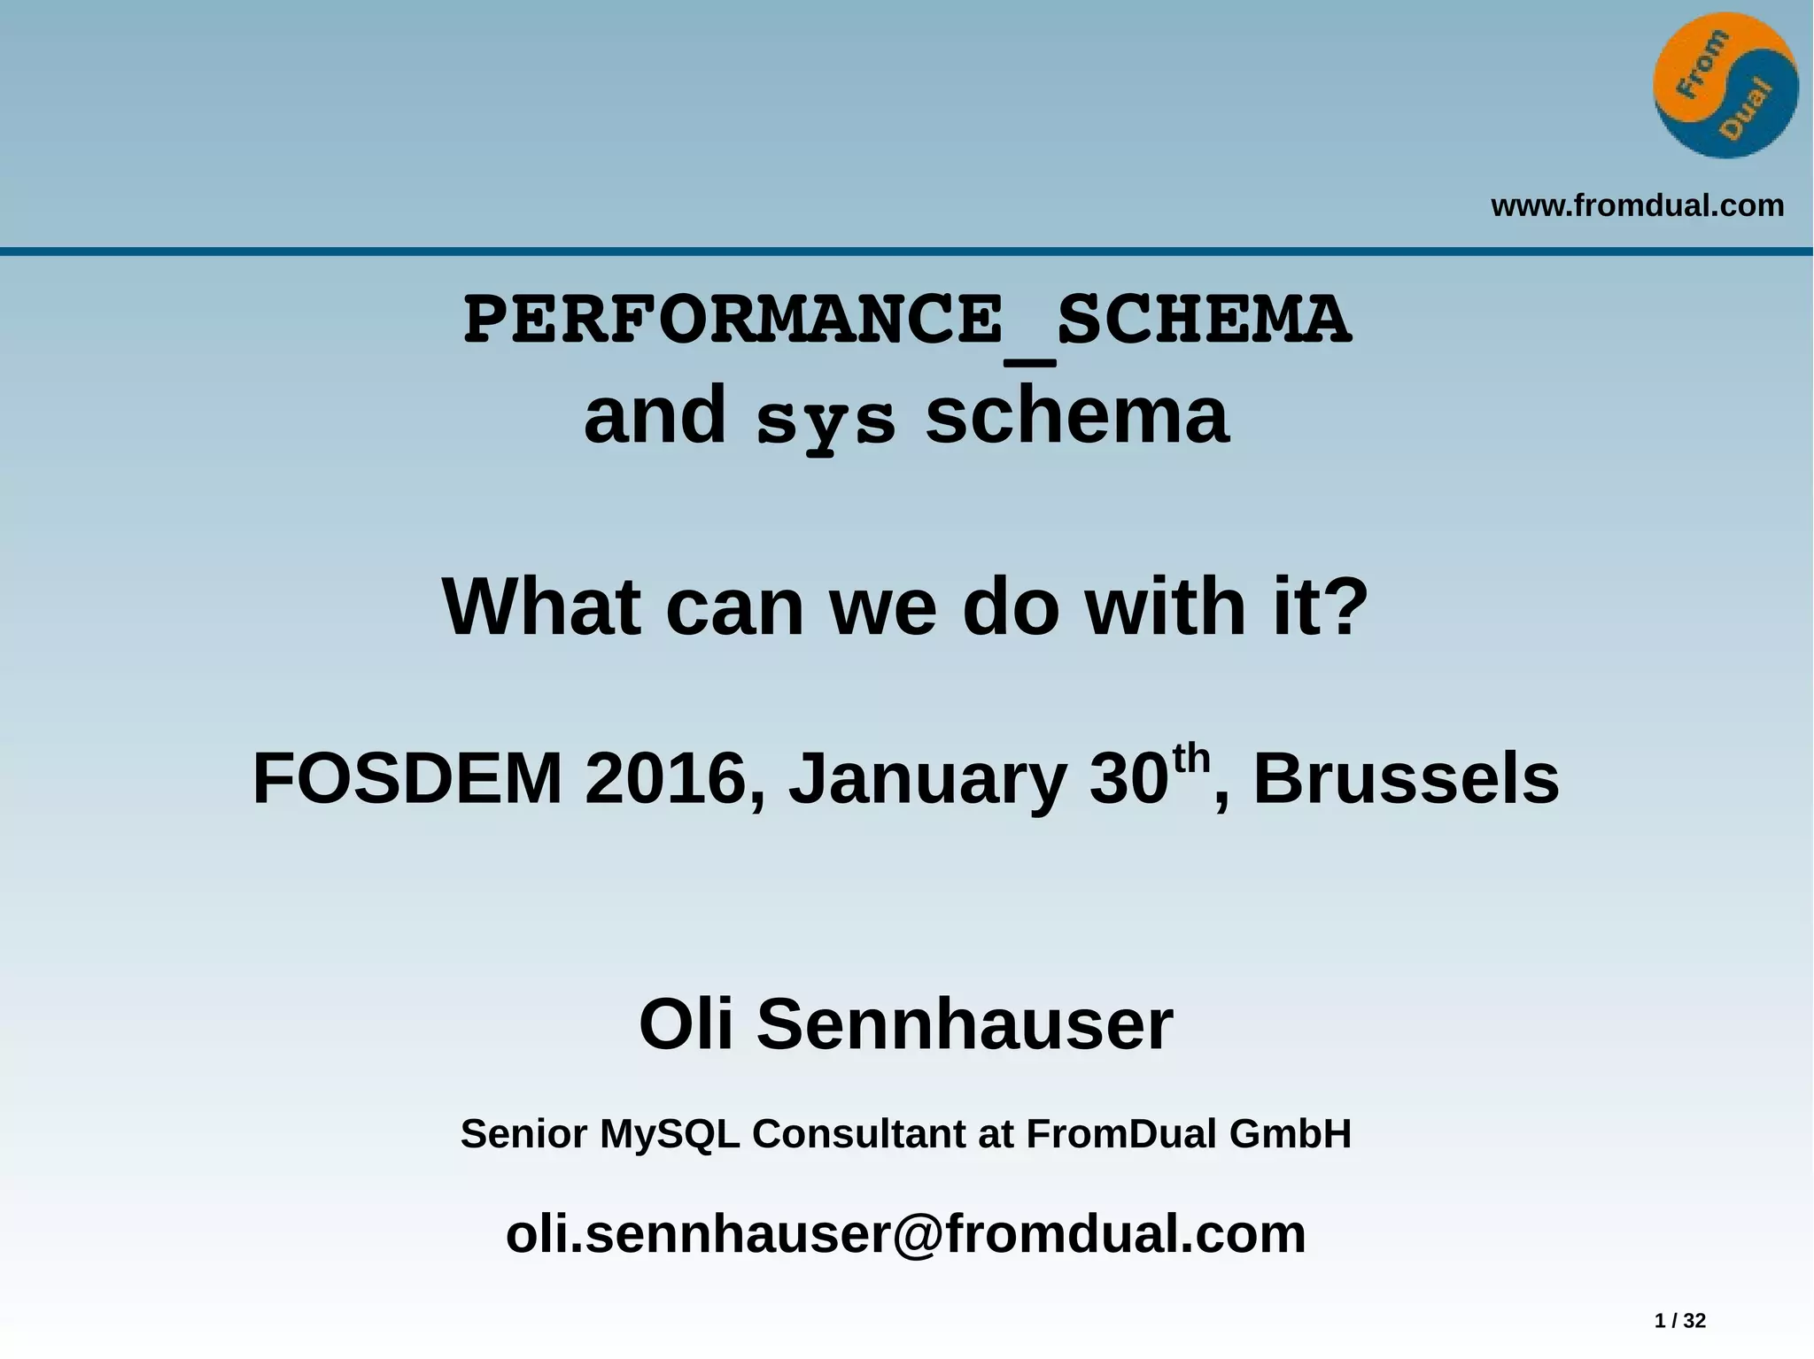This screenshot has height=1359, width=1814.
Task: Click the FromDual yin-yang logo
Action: tap(1725, 86)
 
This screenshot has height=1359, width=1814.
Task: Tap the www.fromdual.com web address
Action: tap(1637, 205)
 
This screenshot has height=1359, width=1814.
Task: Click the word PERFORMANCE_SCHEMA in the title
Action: tap(907, 320)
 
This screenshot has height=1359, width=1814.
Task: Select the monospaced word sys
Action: tap(825, 421)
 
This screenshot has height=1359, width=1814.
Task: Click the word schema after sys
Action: tap(1077, 416)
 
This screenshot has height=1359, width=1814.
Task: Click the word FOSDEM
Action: tap(407, 779)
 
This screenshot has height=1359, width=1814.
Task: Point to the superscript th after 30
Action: tap(1190, 760)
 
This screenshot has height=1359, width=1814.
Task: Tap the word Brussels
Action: tap(1406, 779)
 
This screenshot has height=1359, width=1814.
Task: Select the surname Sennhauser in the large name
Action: tap(965, 1024)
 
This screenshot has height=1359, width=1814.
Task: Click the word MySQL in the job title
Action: tap(670, 1134)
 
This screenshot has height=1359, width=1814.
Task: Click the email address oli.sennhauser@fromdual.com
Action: tap(905, 1233)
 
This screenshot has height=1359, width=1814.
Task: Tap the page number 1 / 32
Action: tap(1679, 1321)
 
